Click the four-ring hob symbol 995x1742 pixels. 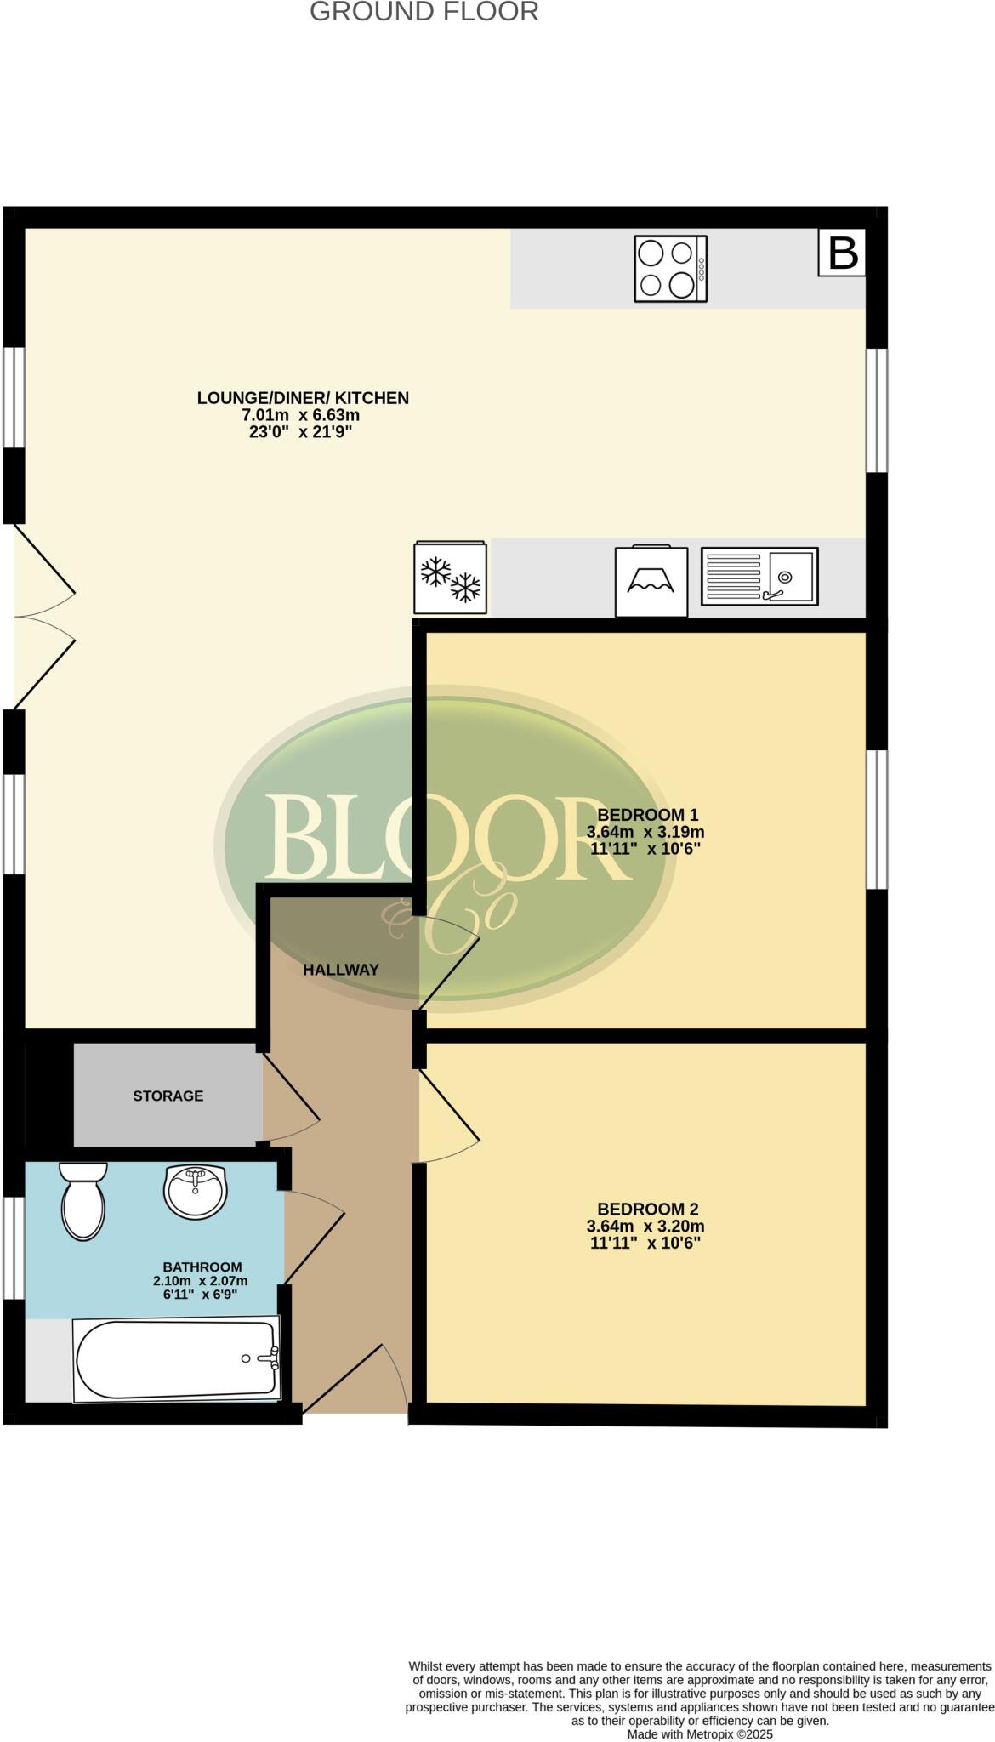tap(670, 269)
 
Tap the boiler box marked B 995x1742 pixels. tap(842, 253)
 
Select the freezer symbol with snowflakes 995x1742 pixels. tap(451, 578)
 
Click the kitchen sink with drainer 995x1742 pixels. tap(759, 577)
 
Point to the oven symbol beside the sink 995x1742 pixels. tap(651, 582)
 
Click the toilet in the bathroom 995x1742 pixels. tap(83, 1201)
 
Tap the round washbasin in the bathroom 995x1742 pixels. tap(196, 1193)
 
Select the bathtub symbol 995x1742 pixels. tap(177, 1358)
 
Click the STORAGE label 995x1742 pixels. tap(168, 1096)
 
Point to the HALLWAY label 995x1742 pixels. tap(341, 970)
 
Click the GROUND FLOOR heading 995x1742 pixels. tap(424, 12)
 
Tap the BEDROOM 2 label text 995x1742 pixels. tap(647, 1209)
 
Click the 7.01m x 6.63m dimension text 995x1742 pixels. tap(301, 415)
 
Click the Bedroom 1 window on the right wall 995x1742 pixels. tap(877, 819)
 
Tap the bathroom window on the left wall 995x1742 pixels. tap(14, 1248)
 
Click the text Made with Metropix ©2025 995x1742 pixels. tap(699, 1734)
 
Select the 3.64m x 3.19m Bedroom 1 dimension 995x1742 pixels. tap(645, 832)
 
